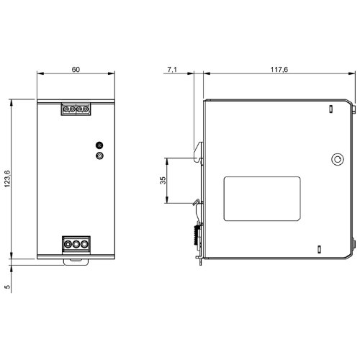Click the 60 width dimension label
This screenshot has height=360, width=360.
point(76,70)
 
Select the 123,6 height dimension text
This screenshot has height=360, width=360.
point(7,179)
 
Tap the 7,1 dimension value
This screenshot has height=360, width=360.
point(172,70)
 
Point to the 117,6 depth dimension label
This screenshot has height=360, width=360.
point(279,70)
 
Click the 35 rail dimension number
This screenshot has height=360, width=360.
point(163,180)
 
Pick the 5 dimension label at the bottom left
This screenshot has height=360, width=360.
point(7,287)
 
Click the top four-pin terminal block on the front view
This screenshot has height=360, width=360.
point(76,109)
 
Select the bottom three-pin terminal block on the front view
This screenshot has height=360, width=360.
point(76,244)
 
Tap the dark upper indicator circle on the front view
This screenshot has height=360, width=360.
point(99,145)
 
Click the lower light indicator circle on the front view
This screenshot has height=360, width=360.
point(99,156)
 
